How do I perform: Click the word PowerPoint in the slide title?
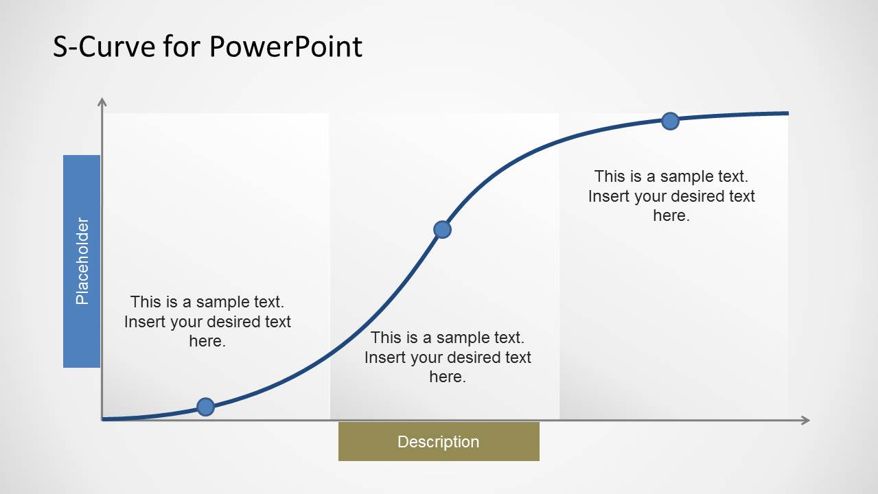285,47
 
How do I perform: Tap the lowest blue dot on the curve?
205,407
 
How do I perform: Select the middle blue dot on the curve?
443,229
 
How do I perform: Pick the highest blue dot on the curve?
670,121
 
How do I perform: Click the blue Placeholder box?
82,261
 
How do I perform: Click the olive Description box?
439,441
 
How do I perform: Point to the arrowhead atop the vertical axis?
102,102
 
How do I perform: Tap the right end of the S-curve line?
787,113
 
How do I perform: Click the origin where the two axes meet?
102,419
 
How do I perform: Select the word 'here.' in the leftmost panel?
207,341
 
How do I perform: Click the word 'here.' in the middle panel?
448,377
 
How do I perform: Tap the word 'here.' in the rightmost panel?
671,215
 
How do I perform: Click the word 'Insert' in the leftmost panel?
141,322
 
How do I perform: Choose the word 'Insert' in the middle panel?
381,357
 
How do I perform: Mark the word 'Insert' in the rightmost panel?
605,196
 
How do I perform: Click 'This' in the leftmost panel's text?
145,302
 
